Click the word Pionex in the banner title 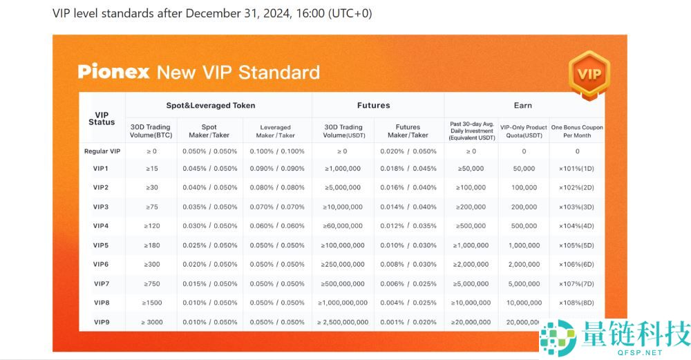pyautogui.click(x=113, y=72)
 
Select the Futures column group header pyautogui.click(x=373, y=106)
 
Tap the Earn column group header pyautogui.click(x=522, y=106)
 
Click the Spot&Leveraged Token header pyautogui.click(x=210, y=106)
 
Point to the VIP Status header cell pyautogui.click(x=102, y=118)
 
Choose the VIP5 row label pyautogui.click(x=101, y=245)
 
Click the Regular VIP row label pyautogui.click(x=102, y=151)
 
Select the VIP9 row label pyautogui.click(x=101, y=322)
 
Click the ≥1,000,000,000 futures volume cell pyautogui.click(x=343, y=303)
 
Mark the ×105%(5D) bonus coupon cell pyautogui.click(x=576, y=245)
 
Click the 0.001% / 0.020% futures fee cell pyautogui.click(x=408, y=322)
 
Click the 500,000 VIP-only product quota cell pyautogui.click(x=523, y=226)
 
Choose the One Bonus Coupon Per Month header pyautogui.click(x=576, y=131)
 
